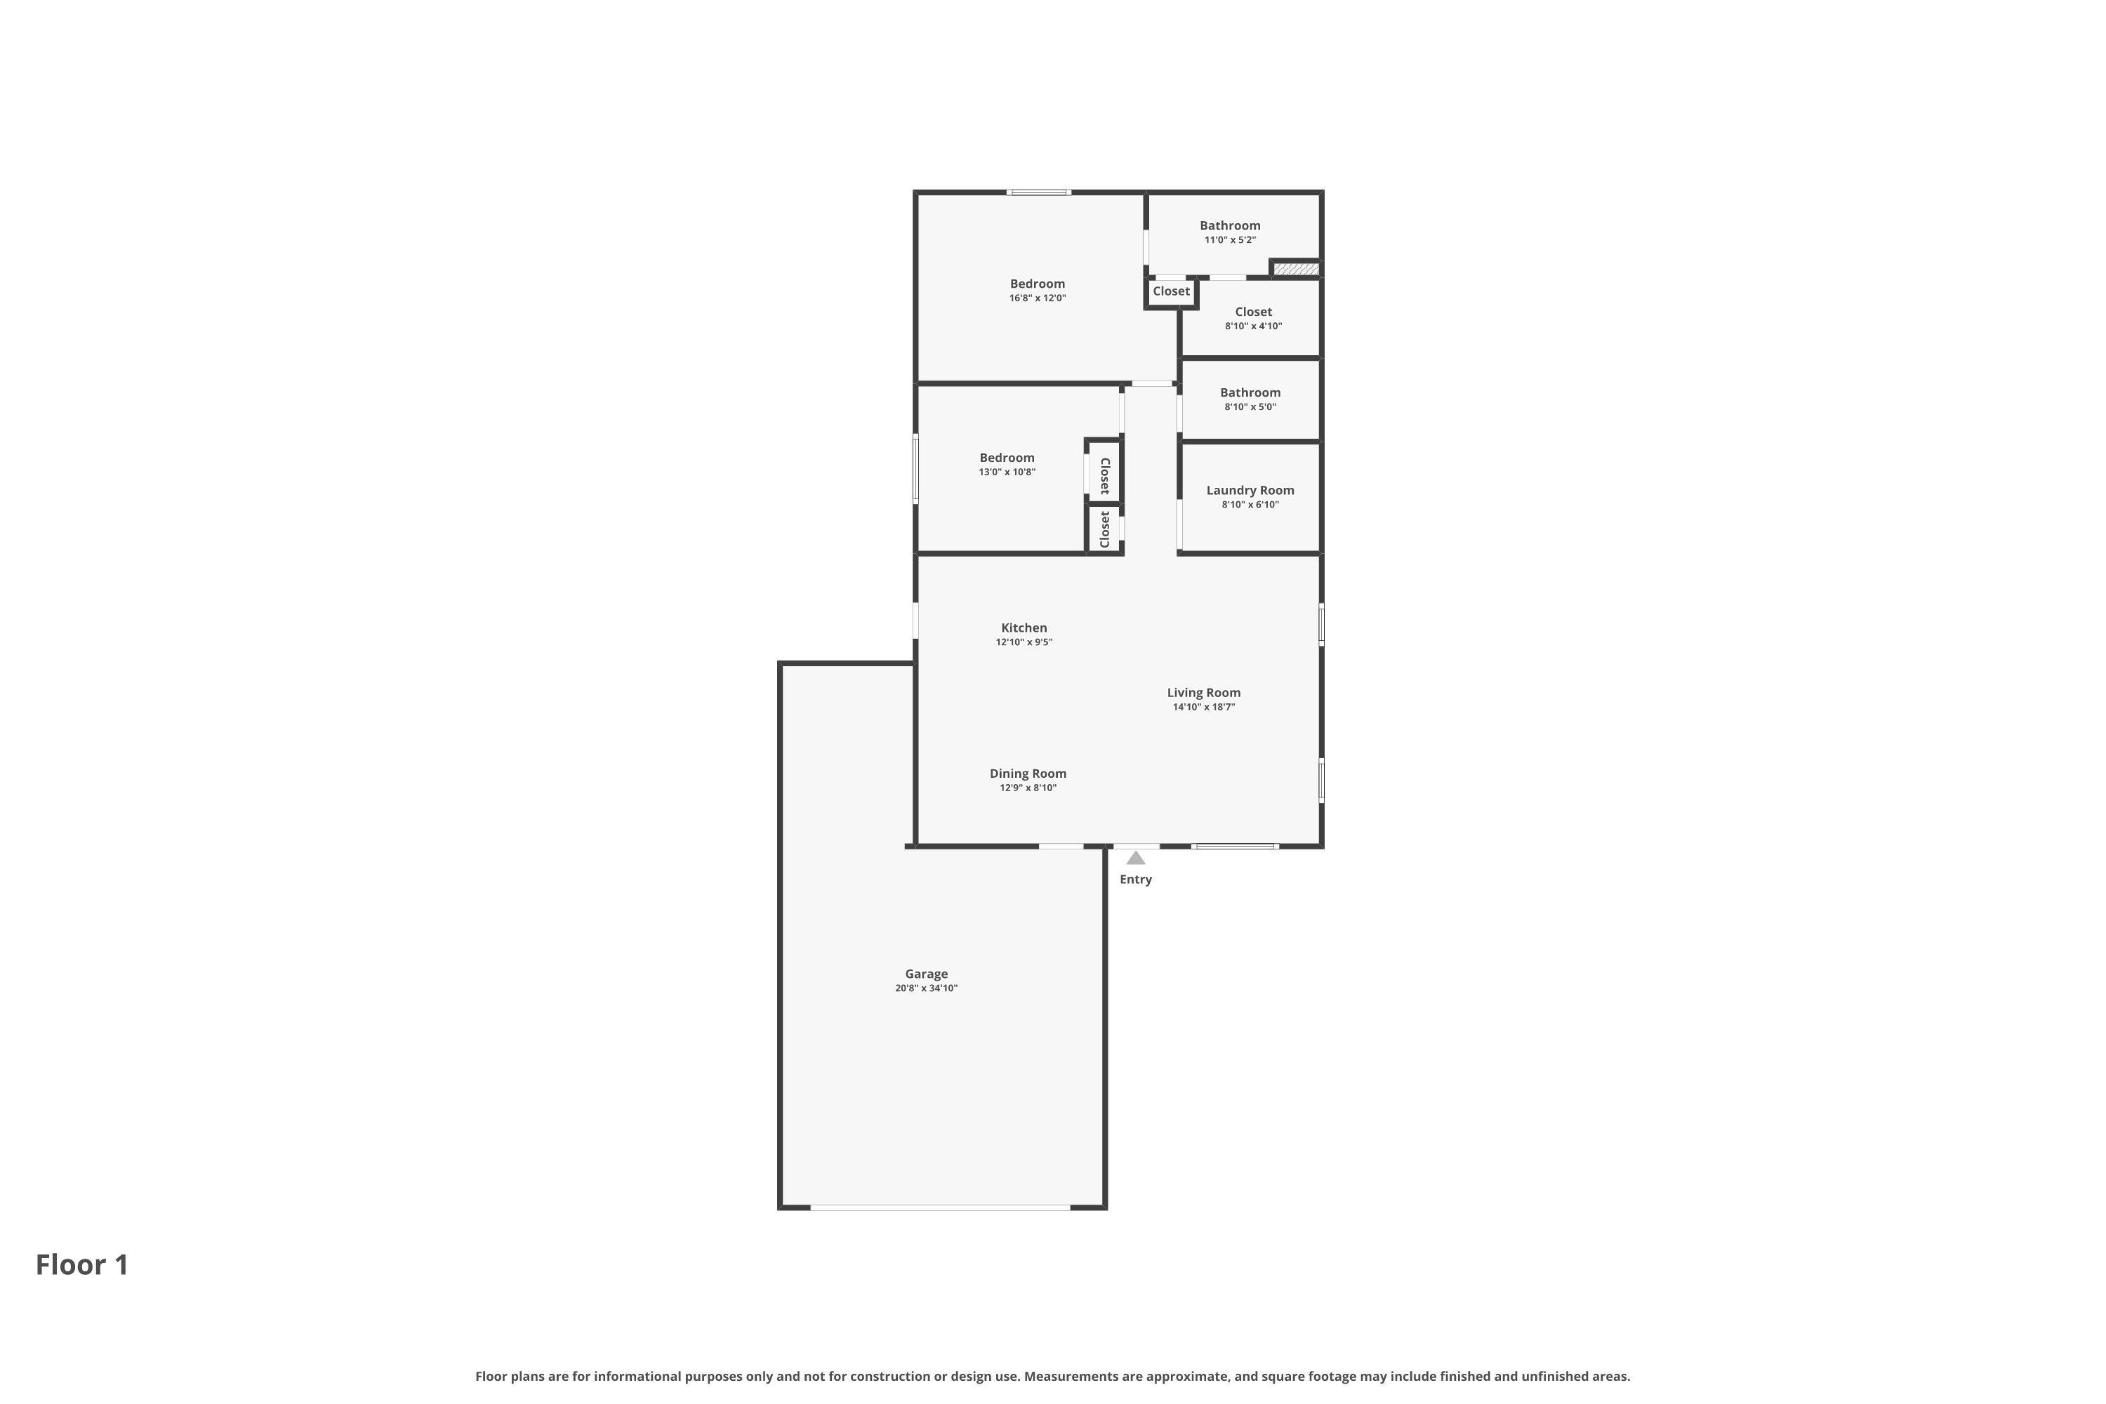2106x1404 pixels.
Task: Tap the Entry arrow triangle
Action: coord(1135,858)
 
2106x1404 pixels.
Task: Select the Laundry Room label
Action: coord(1250,491)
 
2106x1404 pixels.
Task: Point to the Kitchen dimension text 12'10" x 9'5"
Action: coord(1024,642)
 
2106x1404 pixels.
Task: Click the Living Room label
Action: coord(1203,693)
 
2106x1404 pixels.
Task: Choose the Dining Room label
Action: coord(1028,774)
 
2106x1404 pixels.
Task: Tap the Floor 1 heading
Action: coord(82,1265)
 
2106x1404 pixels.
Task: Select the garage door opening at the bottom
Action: coord(940,1208)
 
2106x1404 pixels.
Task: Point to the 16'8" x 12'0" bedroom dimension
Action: coord(1038,298)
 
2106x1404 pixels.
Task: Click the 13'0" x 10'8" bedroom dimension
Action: coord(1007,472)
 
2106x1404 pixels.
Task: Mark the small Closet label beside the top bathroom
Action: coord(1171,291)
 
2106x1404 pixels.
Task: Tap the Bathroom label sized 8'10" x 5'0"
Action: coord(1250,393)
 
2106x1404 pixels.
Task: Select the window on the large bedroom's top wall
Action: coord(1039,192)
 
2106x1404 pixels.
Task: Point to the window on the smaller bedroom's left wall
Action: coord(915,469)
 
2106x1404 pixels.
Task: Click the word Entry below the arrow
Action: coord(1135,880)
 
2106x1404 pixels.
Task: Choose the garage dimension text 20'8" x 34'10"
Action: coord(926,988)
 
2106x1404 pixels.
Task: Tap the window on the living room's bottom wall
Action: coord(1235,846)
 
